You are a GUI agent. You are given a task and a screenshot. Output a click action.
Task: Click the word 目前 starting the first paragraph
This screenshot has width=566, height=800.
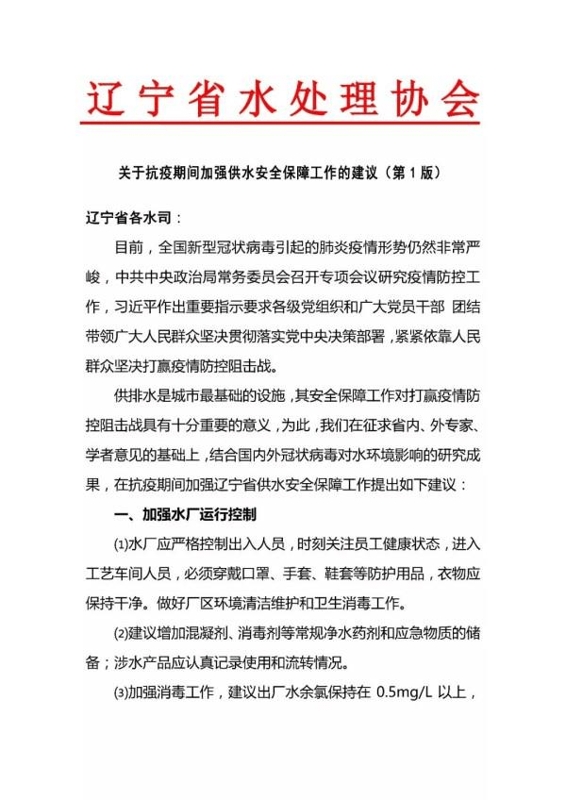(x=129, y=249)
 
